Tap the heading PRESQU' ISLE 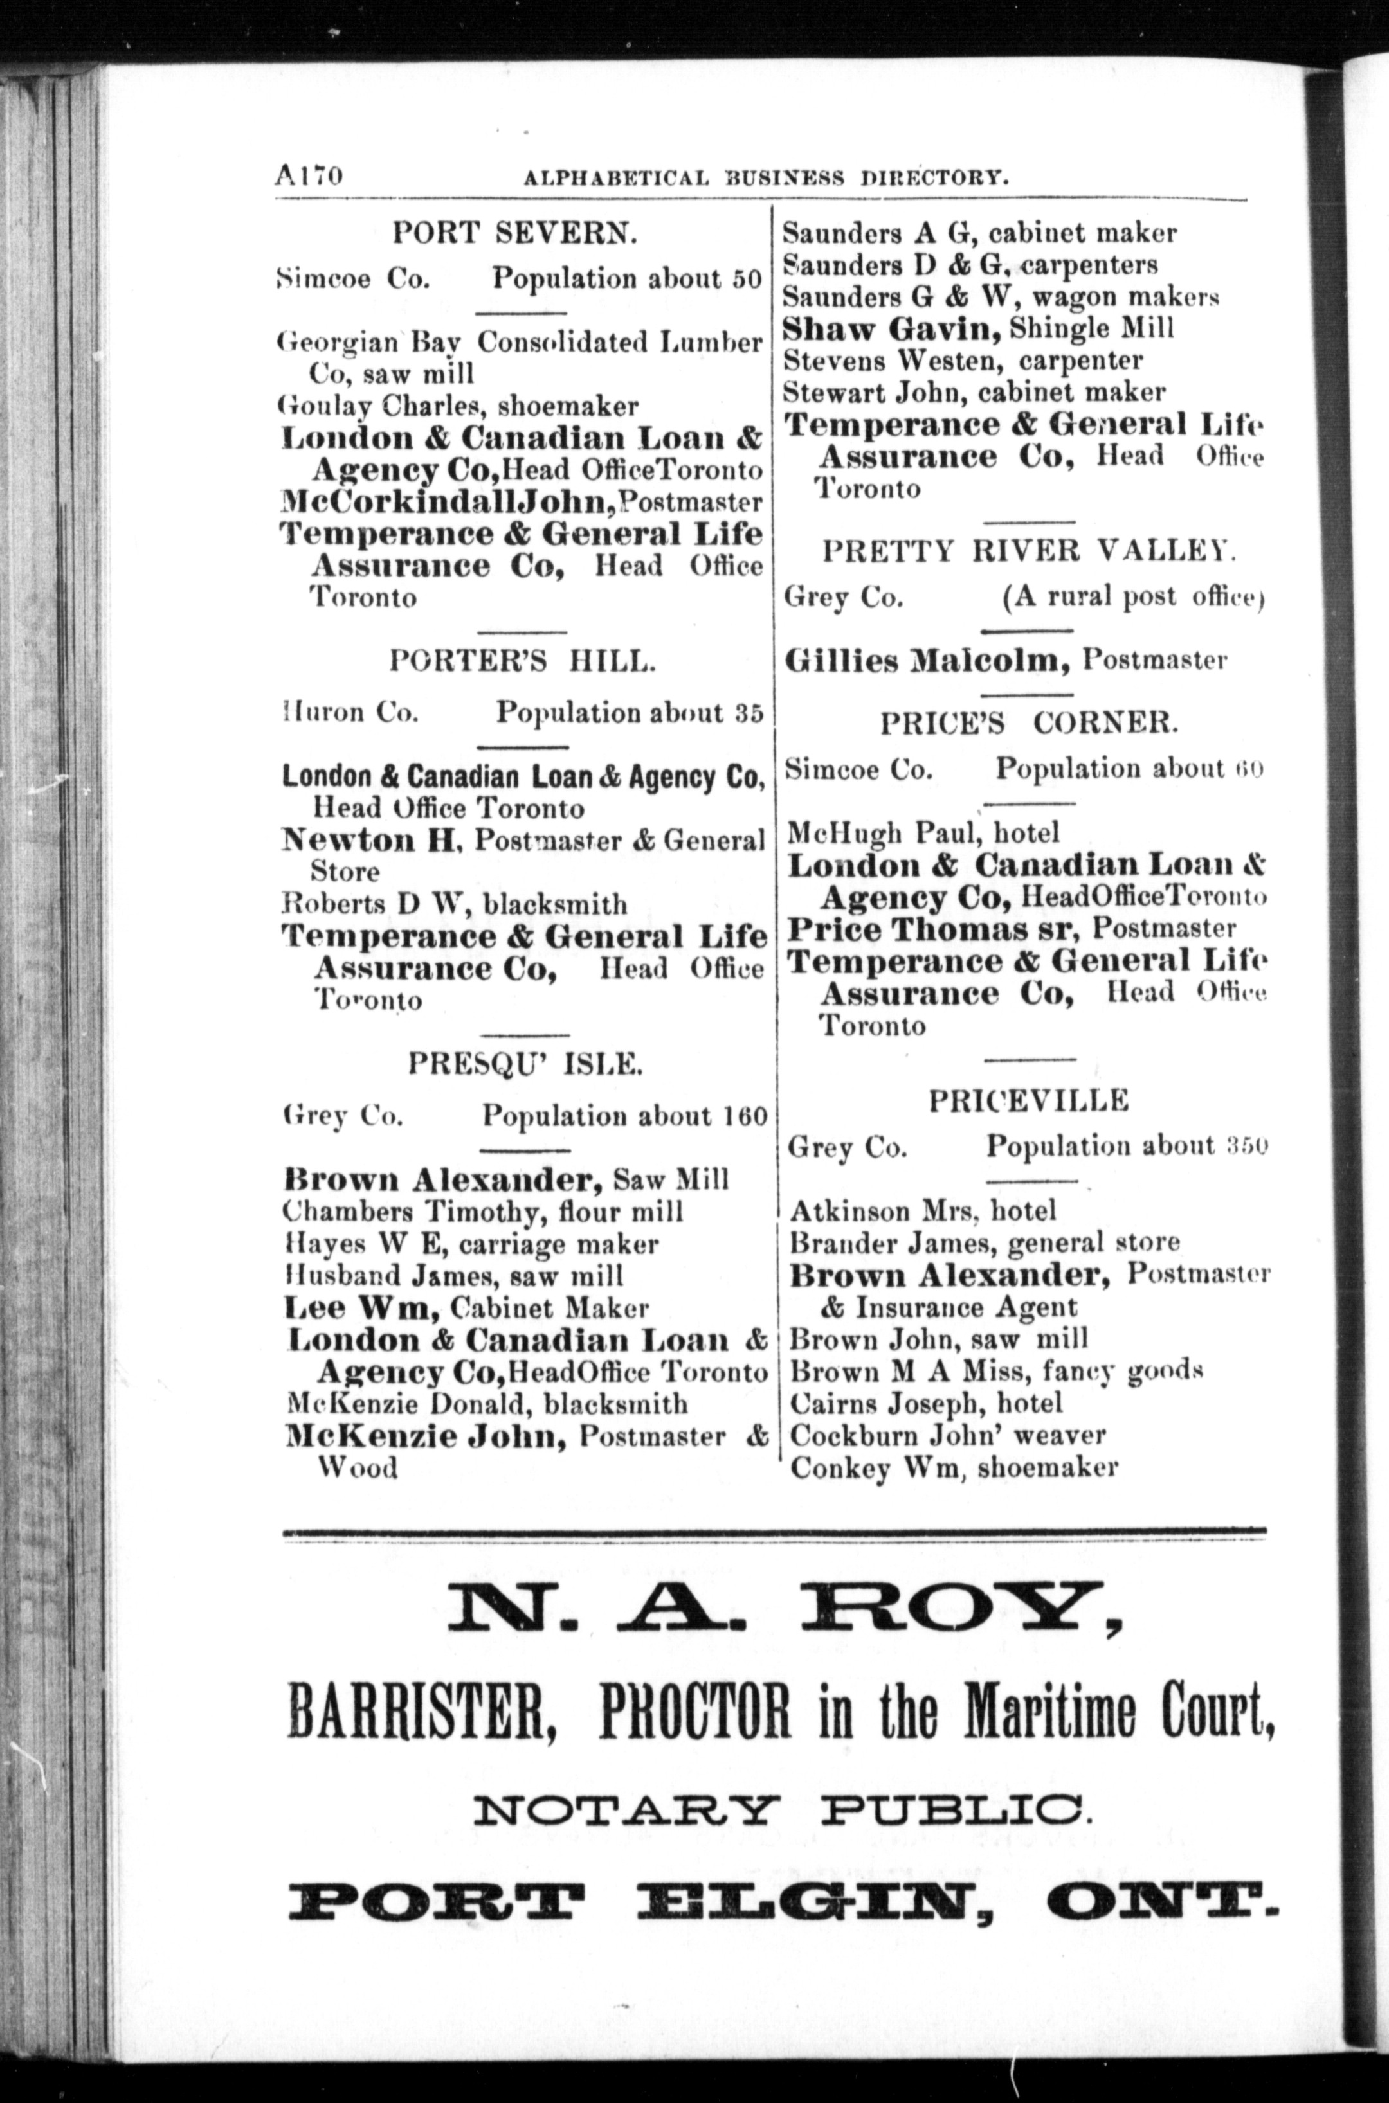(x=525, y=1064)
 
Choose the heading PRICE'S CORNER (x=1028, y=724)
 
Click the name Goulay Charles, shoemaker (x=458, y=406)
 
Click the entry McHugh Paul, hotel (x=923, y=833)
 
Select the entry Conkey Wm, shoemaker (x=953, y=1468)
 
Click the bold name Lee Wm (x=362, y=1308)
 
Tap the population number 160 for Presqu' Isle (x=742, y=1116)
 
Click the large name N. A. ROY (x=784, y=1611)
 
